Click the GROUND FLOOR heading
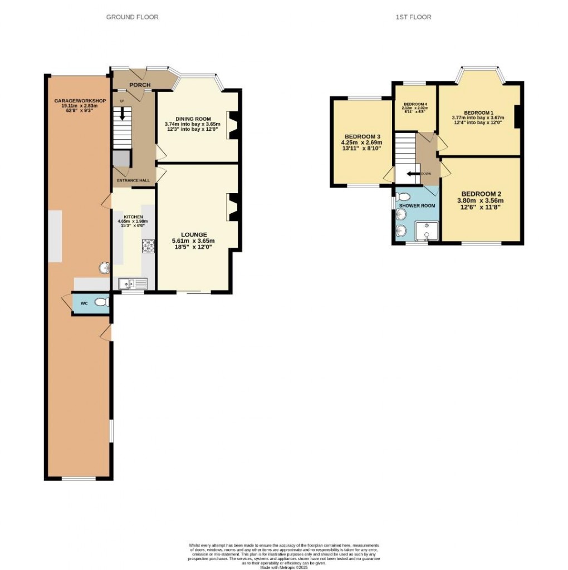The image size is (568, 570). [x=133, y=17]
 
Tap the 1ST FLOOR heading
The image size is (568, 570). [x=413, y=17]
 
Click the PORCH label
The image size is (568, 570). [x=140, y=85]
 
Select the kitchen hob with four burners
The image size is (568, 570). [x=149, y=245]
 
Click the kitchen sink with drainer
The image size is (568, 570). [x=133, y=284]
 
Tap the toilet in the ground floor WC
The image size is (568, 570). [x=101, y=303]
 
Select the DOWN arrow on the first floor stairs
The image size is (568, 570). [x=413, y=174]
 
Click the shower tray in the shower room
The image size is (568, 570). [x=427, y=230]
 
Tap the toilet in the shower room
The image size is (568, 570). [x=404, y=196]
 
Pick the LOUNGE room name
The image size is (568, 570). [x=193, y=234]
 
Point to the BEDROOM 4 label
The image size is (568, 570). [x=415, y=104]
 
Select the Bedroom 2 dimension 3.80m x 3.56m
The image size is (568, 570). [x=480, y=201]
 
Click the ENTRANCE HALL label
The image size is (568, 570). [x=133, y=180]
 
